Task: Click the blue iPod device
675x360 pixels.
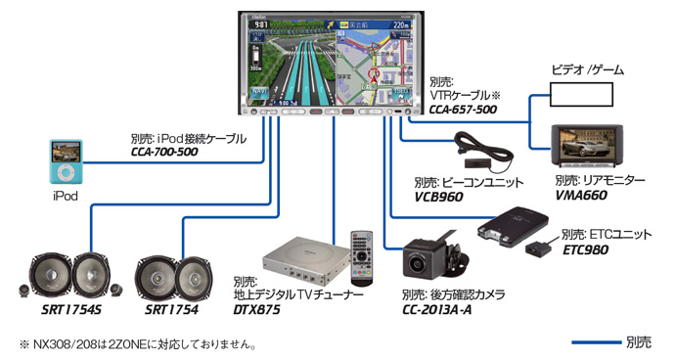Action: click(x=67, y=162)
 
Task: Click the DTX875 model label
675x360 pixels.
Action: click(x=257, y=310)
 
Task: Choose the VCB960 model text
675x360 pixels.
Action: click(x=440, y=198)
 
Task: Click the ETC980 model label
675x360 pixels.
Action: click(x=586, y=250)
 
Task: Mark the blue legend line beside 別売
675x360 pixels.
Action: click(x=596, y=342)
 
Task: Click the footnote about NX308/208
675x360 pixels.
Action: click(x=138, y=344)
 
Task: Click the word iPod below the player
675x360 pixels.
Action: click(x=66, y=196)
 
